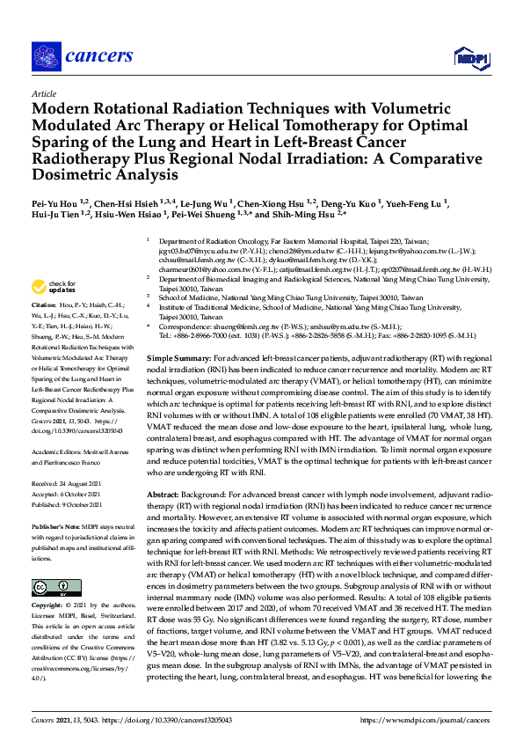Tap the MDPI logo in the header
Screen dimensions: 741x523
(x=469, y=58)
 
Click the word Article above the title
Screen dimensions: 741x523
(x=43, y=92)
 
